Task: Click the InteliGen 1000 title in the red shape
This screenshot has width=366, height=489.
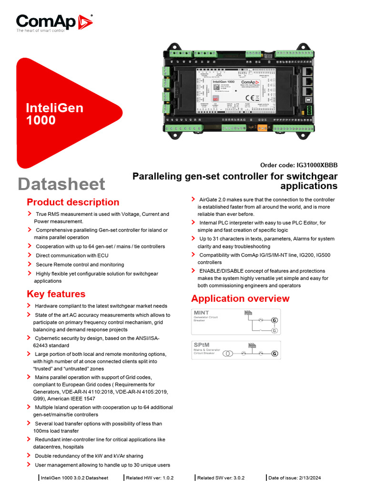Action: (54, 114)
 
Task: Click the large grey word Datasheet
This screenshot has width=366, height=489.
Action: (61, 184)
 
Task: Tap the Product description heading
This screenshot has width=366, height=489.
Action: (73, 202)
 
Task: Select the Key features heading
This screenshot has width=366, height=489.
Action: (56, 294)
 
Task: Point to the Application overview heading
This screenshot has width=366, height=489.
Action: (240, 298)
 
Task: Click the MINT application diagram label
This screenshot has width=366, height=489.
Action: (201, 313)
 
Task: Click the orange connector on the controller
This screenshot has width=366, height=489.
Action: (261, 128)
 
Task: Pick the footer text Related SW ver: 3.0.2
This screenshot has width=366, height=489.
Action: (221, 478)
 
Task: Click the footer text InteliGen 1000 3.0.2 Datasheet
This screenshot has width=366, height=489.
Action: (74, 478)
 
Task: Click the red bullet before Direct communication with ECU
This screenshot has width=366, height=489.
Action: (30, 255)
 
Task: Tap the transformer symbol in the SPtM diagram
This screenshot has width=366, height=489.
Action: (228, 354)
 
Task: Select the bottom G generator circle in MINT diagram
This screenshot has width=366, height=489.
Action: (274, 330)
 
